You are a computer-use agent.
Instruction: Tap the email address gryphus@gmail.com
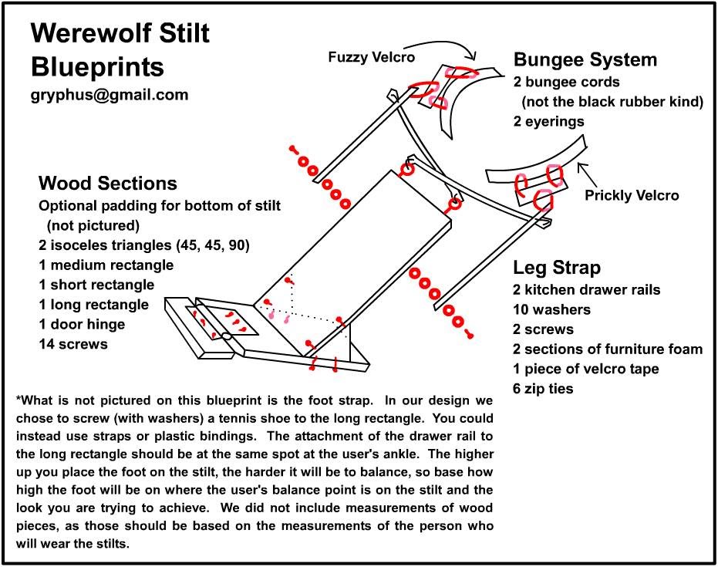(x=110, y=95)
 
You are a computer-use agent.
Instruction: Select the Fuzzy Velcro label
(x=371, y=57)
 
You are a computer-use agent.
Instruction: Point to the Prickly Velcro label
(x=632, y=195)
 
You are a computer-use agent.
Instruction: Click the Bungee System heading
(x=585, y=59)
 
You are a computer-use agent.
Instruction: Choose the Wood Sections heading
(x=108, y=184)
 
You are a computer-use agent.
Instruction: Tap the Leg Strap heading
(x=557, y=268)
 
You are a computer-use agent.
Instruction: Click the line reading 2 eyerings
(x=549, y=121)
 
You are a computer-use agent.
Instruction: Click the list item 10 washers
(x=552, y=309)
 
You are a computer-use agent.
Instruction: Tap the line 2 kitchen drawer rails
(x=587, y=290)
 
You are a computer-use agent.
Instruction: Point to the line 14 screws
(x=73, y=344)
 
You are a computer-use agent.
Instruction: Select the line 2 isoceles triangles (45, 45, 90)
(x=144, y=245)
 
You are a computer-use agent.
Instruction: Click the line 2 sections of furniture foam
(x=608, y=349)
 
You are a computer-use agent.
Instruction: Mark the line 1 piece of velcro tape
(x=586, y=369)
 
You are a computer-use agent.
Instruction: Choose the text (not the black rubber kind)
(x=612, y=101)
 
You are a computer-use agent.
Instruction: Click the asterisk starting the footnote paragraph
(x=18, y=400)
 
